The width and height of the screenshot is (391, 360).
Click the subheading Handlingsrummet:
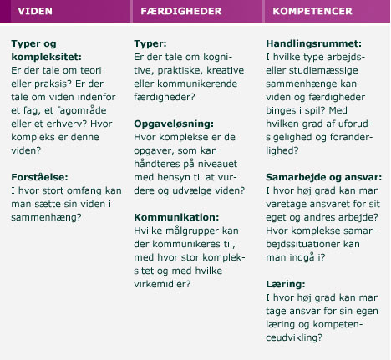(x=313, y=43)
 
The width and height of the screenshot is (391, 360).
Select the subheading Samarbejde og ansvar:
(x=323, y=177)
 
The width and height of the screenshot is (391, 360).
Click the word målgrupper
(x=205, y=231)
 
